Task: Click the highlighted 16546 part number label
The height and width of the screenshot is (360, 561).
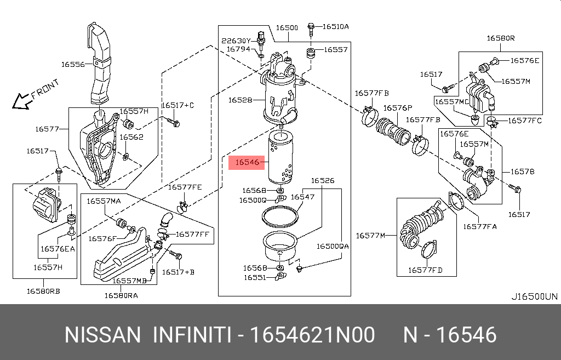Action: tap(247, 162)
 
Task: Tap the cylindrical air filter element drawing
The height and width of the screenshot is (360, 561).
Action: tap(282, 159)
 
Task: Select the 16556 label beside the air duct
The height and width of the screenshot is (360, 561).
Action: tap(72, 64)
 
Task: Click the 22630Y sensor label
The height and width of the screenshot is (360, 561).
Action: tap(236, 41)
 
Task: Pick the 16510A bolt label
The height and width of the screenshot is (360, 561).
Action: tap(335, 26)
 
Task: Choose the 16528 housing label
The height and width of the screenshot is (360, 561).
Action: tap(240, 100)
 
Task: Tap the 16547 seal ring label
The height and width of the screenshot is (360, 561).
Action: tap(302, 197)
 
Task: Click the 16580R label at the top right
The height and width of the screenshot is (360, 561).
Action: tap(501, 38)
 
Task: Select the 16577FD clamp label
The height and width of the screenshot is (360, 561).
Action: tap(425, 270)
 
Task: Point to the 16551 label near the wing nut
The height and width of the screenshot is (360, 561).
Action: tap(255, 278)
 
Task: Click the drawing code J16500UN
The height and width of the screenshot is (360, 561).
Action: tap(534, 297)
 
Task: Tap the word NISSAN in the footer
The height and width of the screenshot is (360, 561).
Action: tap(102, 335)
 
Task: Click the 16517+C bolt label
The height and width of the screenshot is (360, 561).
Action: tap(178, 105)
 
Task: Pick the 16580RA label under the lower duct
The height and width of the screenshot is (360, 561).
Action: tap(121, 295)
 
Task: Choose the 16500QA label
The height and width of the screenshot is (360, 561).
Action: tap(332, 247)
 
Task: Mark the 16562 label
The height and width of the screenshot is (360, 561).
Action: tap(131, 137)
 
